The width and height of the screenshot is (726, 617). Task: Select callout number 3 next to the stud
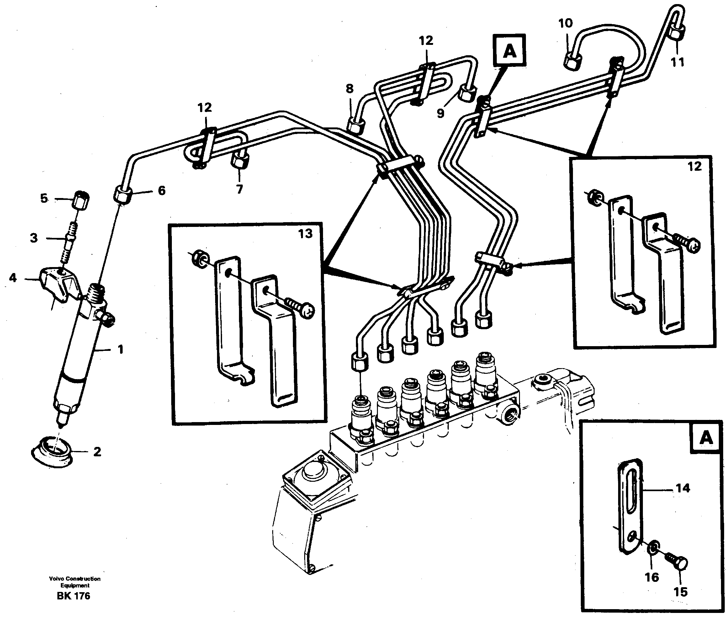pos(34,238)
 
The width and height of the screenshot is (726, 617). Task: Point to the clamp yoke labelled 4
pos(59,287)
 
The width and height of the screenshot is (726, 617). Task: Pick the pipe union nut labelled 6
pos(123,194)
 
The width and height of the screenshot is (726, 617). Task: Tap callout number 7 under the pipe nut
pos(239,189)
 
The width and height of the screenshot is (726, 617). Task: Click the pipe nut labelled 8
pos(354,126)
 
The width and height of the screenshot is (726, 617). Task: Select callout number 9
pos(440,113)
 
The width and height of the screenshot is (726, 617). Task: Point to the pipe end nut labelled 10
pos(572,62)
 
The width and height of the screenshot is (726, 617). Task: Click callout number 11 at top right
pos(677,62)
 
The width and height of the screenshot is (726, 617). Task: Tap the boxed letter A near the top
pos(510,51)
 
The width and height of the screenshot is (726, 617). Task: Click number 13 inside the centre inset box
pos(305,233)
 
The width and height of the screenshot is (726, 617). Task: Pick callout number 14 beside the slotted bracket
pos(683,488)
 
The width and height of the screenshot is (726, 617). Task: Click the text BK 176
pos(73,596)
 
